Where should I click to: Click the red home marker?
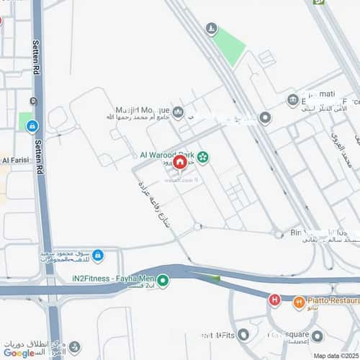(181, 163)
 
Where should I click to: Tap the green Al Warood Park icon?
(203, 157)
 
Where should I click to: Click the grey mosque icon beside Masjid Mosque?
(178, 112)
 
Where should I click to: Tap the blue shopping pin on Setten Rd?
(32, 126)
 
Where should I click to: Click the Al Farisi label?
(14, 160)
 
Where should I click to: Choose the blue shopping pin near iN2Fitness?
(98, 255)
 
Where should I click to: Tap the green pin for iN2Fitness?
(163, 281)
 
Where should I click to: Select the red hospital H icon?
(274, 299)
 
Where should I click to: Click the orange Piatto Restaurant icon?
(299, 303)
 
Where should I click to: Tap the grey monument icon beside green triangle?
(210, 30)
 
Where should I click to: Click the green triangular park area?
(229, 45)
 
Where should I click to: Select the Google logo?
(19, 352)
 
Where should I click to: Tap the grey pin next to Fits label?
(243, 335)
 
